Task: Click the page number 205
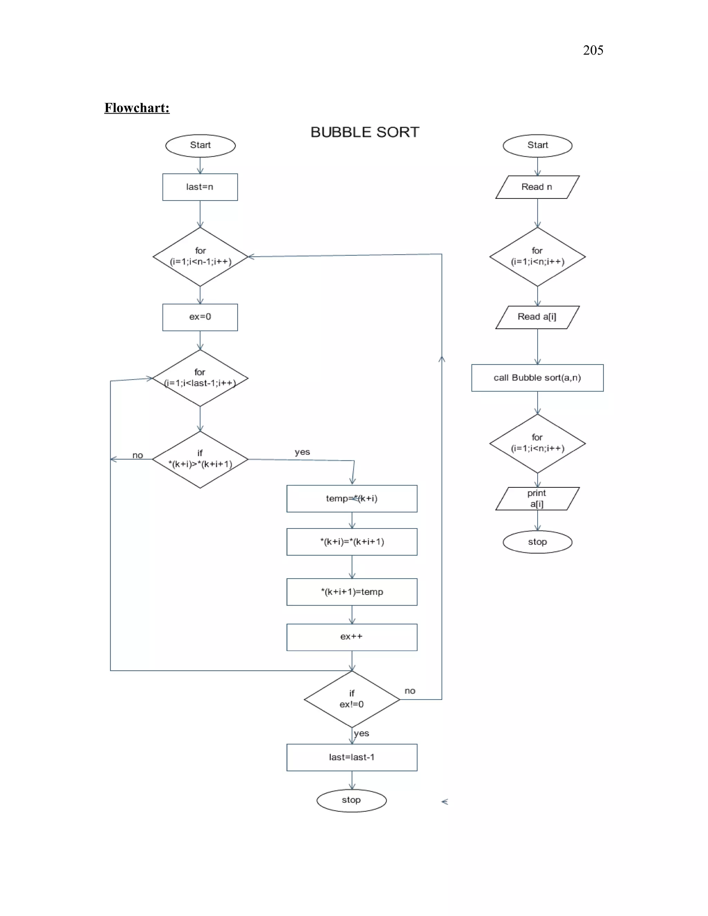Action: point(593,50)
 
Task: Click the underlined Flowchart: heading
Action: point(137,108)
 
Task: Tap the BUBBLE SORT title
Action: point(364,132)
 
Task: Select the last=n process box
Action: point(200,187)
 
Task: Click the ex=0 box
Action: point(200,317)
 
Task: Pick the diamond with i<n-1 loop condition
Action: point(200,257)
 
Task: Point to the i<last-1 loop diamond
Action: point(200,378)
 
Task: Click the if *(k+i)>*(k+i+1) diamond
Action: point(200,459)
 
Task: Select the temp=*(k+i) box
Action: point(352,499)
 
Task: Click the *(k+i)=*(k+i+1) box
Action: point(352,542)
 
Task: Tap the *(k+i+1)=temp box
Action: point(352,592)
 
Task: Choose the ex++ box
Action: point(352,637)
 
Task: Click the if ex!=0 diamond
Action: point(352,699)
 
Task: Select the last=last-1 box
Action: point(352,757)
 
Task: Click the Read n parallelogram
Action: point(537,187)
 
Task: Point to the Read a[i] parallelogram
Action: point(537,317)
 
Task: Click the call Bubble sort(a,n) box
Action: point(537,378)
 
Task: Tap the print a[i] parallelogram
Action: point(537,499)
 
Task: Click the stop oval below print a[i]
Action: point(537,542)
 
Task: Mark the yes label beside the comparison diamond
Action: point(302,452)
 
